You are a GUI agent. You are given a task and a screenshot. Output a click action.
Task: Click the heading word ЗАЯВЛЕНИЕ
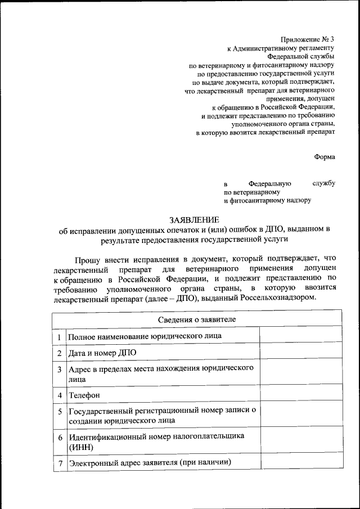[194, 220]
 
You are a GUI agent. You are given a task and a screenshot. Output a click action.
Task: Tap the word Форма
[325, 157]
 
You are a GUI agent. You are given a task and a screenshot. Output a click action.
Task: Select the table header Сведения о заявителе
[196, 319]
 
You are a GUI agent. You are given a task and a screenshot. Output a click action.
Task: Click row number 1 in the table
[59, 336]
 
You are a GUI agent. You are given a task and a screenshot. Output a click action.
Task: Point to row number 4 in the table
[59, 395]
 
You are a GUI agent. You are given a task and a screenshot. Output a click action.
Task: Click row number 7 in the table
[59, 463]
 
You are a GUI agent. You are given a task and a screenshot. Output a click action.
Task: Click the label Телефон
[84, 395]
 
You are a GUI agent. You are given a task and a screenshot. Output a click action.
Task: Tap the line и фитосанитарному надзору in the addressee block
[267, 200]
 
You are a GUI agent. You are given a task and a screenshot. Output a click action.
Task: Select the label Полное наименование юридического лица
[145, 336]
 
